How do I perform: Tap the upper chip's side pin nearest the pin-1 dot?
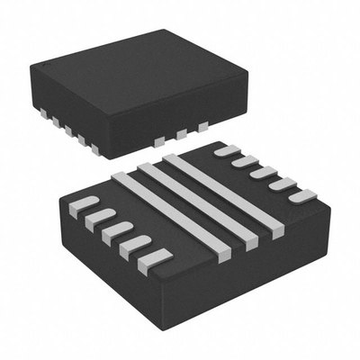pos(41,112)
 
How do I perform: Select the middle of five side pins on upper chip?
pos(67,130)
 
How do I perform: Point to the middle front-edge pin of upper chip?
pos(183,133)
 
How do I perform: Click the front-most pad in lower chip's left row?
pos(154,259)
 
